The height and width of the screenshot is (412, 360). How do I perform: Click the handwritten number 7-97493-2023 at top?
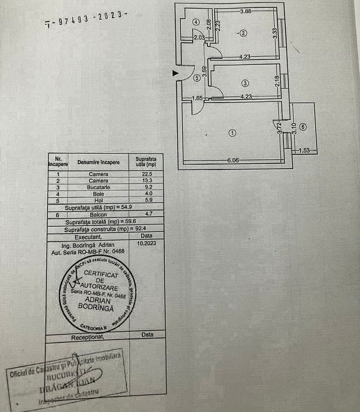pyautogui.click(x=85, y=19)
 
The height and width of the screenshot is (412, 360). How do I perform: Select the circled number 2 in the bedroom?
pyautogui.click(x=244, y=33)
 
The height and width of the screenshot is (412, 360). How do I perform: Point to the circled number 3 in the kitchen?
pyautogui.click(x=245, y=82)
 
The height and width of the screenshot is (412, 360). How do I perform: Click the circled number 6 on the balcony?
pyautogui.click(x=303, y=127)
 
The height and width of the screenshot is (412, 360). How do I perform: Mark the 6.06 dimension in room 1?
pyautogui.click(x=233, y=161)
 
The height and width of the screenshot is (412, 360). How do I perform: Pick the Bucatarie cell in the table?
pyautogui.click(x=98, y=187)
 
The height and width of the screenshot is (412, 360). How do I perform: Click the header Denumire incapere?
pyautogui.click(x=98, y=162)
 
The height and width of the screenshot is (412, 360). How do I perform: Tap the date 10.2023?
pyautogui.click(x=146, y=242)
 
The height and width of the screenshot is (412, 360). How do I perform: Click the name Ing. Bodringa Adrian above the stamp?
pyautogui.click(x=88, y=245)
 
